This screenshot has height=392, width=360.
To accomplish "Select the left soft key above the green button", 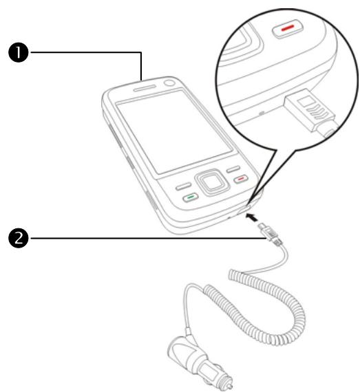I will tap(182, 186).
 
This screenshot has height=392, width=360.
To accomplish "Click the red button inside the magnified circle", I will tap(285, 30).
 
